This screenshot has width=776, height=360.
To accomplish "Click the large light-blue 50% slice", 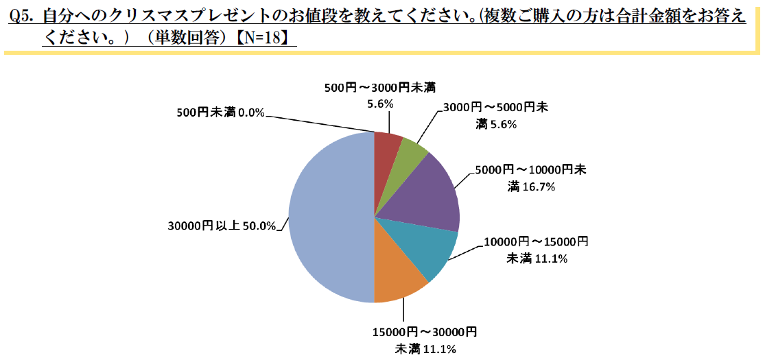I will (x=329, y=217).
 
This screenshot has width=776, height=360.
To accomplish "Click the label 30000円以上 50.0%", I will (x=222, y=226).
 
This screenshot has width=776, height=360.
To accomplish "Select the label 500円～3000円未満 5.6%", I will (x=379, y=95).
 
